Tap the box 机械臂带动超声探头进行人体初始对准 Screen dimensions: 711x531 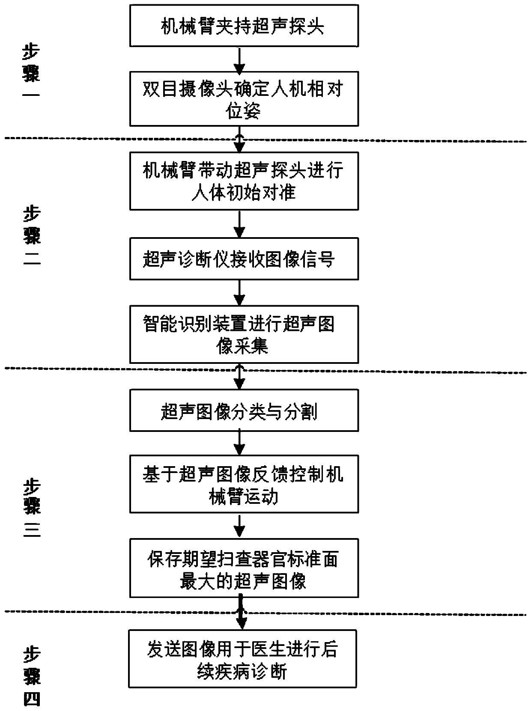coord(244,181)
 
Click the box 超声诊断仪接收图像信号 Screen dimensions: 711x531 coord(244,259)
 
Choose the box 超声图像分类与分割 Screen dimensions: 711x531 coord(244,411)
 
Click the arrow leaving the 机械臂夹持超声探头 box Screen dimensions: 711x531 coord(240,59)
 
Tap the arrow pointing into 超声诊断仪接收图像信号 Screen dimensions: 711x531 coord(240,224)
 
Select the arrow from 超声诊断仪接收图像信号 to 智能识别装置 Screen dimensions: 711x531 coord(240,293)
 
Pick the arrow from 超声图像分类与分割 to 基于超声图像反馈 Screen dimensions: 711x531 coord(240,443)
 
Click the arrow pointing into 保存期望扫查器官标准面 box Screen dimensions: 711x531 coord(240,526)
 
